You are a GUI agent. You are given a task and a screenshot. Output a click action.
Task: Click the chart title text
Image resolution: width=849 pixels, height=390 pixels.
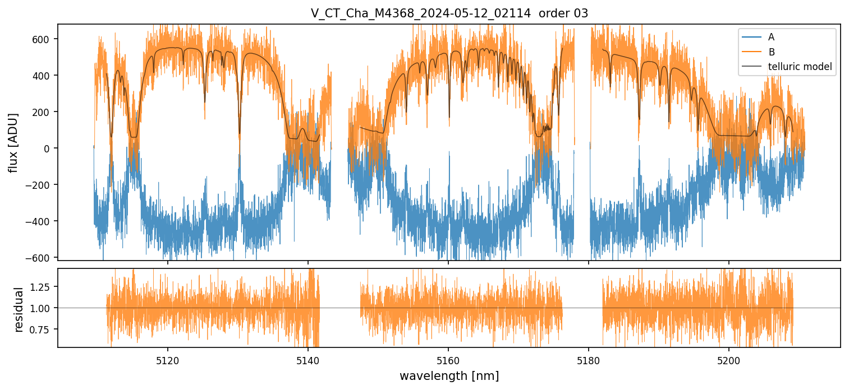point(449,13)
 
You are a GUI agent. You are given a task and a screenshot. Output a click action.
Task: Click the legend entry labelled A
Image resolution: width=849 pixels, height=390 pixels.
point(771,37)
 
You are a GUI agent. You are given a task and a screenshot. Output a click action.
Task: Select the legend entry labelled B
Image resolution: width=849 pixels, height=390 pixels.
point(772,52)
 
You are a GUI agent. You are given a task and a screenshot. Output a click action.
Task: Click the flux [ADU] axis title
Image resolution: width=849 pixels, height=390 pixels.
point(13,142)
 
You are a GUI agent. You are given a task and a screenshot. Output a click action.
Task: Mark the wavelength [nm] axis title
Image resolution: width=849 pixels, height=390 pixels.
point(449,376)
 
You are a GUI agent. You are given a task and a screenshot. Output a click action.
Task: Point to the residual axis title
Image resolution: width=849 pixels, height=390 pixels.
point(19,309)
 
